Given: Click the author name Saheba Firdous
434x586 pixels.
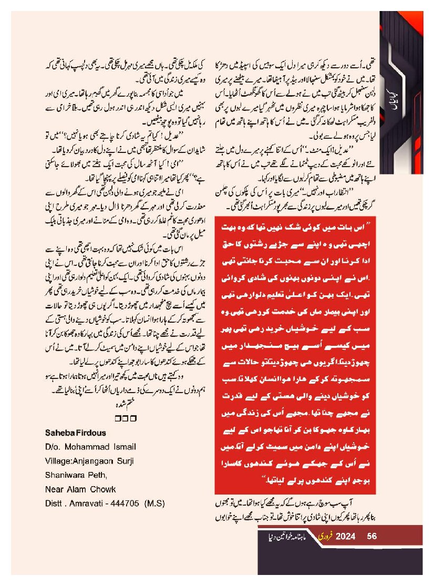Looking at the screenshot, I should coord(76,433).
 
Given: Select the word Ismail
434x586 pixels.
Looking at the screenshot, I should coord(125,447).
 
